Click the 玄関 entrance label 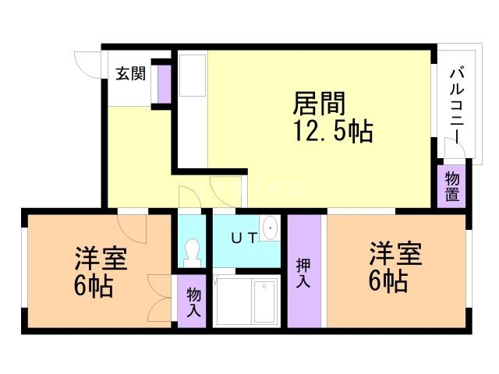click(129, 76)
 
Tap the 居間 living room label click(319, 104)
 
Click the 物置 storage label click(451, 187)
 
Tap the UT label click(243, 238)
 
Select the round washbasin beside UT click(270, 228)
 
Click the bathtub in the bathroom click(264, 301)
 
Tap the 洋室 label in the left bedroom click(101, 258)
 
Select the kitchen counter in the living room click(193, 76)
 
